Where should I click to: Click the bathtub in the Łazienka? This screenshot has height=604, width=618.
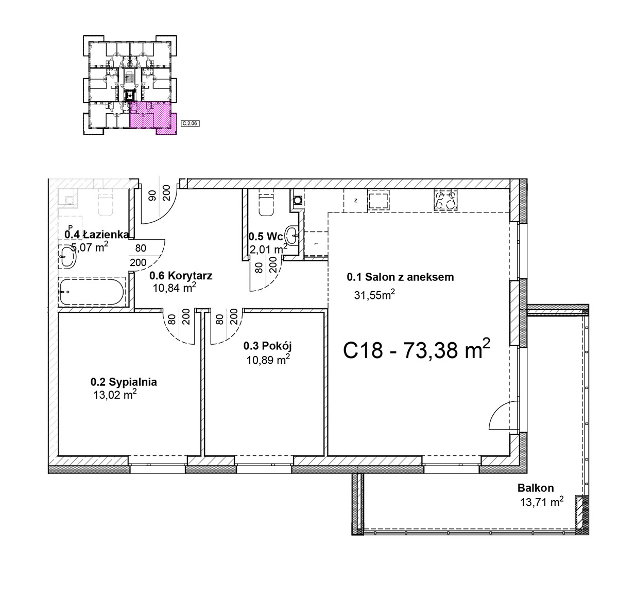click(91, 292)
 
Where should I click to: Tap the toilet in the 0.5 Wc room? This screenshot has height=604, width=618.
click(266, 205)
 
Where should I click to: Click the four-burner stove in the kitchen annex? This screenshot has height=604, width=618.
click(445, 200)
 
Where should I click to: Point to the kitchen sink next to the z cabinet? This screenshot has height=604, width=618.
click(378, 200)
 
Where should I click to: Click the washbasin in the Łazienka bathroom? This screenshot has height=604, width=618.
click(67, 256)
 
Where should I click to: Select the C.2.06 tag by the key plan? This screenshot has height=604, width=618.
click(191, 123)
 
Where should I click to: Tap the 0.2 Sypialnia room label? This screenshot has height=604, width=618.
click(124, 382)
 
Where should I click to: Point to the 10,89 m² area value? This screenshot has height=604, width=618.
click(268, 360)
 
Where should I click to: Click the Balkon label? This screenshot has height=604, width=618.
click(536, 488)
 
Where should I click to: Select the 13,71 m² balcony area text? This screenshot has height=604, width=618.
click(542, 502)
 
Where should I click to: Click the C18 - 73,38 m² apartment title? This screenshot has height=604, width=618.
click(417, 349)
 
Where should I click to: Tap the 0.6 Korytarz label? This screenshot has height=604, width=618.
click(181, 275)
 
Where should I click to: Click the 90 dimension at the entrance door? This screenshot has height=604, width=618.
click(153, 196)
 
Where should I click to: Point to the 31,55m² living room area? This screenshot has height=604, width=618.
click(374, 295)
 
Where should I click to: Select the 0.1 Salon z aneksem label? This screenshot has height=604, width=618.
click(400, 277)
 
